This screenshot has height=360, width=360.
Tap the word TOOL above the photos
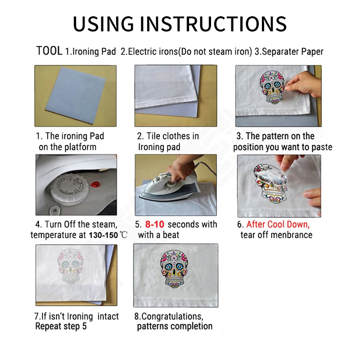(49, 51)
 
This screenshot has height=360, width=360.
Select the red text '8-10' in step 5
(154, 224)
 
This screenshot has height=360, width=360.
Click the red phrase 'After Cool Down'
(278, 224)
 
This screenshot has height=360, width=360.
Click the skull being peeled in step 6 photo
(270, 185)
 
